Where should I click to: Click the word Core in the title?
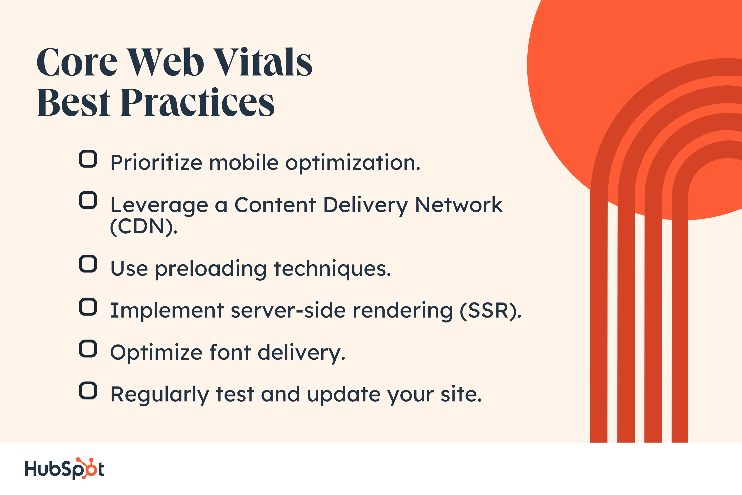click(77, 62)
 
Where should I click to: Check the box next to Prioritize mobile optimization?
click(88, 159)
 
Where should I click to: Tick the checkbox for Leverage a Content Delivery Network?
click(88, 200)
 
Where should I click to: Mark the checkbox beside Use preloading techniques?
click(88, 264)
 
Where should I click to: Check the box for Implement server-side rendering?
click(88, 307)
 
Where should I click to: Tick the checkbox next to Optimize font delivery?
click(88, 349)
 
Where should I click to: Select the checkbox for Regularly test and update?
click(88, 391)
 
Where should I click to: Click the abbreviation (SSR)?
click(490, 311)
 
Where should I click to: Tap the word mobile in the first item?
click(244, 163)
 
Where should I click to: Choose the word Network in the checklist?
click(459, 205)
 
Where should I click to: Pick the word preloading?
click(211, 269)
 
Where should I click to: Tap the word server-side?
click(288, 311)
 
